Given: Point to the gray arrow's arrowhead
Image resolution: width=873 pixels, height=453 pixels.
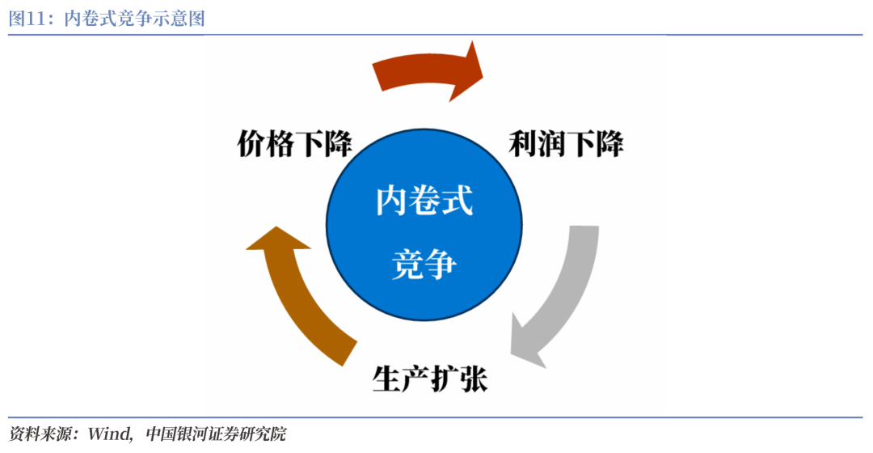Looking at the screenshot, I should coord(525,340).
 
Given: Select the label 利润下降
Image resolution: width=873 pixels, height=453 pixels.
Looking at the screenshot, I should coord(566,145).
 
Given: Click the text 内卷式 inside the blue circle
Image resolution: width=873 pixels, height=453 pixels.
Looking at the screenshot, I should coord(424,200).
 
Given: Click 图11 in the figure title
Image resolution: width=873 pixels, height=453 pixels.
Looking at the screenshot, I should coord(28,18).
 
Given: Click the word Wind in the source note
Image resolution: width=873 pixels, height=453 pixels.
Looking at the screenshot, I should coord(110,434).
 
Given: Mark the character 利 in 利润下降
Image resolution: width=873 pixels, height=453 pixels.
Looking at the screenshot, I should coord(523,145).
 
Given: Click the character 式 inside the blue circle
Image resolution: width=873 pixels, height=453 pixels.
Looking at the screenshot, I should coord(458,200).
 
